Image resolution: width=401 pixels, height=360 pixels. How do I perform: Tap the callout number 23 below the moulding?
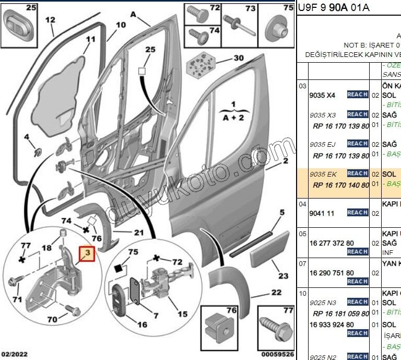click(282, 276)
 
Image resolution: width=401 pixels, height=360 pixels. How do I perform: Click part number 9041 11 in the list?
click(322, 213)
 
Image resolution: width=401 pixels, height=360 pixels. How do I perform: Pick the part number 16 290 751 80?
click(332, 273)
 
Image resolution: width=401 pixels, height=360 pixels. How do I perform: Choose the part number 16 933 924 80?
click(332, 324)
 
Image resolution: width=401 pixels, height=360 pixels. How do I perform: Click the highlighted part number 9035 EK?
click(323, 173)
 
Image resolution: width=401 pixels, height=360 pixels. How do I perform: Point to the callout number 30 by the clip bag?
click(239, 58)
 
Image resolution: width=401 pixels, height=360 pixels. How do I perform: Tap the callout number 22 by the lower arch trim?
click(276, 293)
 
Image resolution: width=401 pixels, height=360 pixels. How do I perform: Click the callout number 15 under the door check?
click(182, 314)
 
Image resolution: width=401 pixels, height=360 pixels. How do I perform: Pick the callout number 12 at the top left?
click(50, 20)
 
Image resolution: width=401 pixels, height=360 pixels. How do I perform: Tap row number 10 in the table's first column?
click(302, 294)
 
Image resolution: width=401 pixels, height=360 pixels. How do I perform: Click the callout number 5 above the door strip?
click(281, 212)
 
